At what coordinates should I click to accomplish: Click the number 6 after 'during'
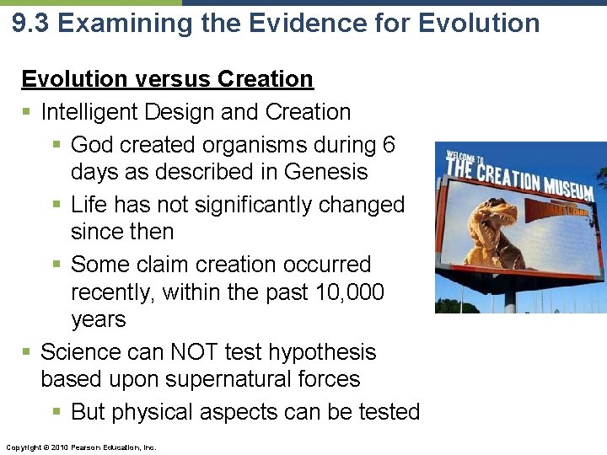[388, 145]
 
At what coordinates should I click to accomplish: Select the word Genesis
[326, 172]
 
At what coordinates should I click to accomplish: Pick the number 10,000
[341, 292]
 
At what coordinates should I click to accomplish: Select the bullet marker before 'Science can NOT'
[28, 352]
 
